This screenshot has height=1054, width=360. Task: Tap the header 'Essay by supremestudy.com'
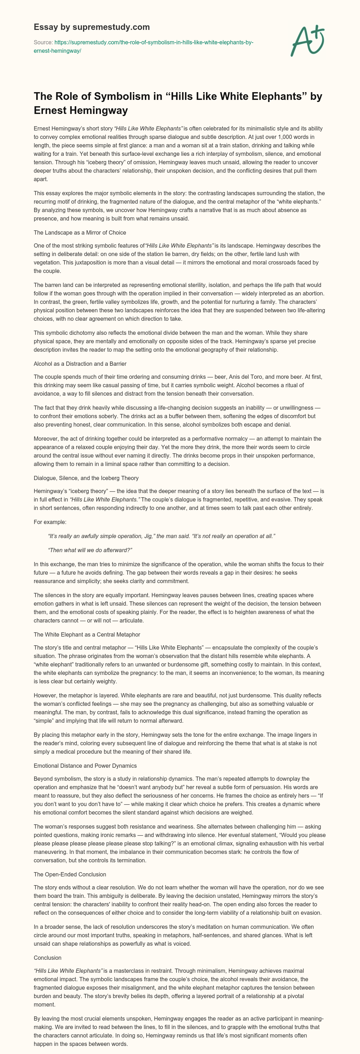pos(92,27)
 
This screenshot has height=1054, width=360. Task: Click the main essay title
pos(178,103)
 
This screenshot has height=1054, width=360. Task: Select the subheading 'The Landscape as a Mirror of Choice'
pos(80,232)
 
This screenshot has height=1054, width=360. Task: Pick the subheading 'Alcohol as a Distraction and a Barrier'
pos(80,364)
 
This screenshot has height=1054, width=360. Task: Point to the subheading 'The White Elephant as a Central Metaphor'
pos(87,634)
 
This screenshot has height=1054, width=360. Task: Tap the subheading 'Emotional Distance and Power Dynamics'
pos(85,766)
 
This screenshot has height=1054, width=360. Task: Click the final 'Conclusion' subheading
pos(47,958)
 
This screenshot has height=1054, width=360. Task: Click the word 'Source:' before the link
pos(43,43)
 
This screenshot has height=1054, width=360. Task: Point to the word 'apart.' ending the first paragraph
pos(41,179)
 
